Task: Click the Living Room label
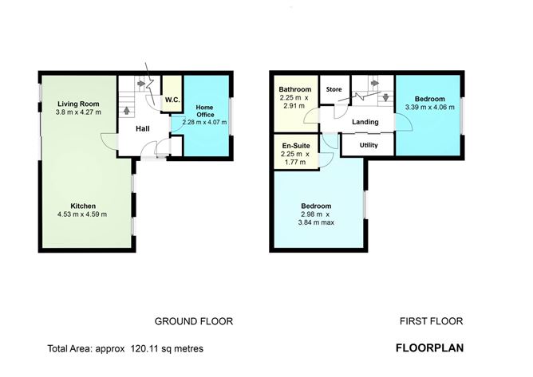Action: tap(78, 104)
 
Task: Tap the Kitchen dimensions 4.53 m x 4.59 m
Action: tap(82, 214)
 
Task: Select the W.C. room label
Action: tap(172, 100)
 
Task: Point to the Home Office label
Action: tap(205, 111)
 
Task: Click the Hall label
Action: tap(143, 129)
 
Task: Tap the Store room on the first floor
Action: tap(334, 89)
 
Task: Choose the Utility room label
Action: tap(369, 145)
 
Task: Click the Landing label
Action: tap(365, 122)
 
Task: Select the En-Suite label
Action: tap(296, 146)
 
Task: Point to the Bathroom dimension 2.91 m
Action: tap(294, 106)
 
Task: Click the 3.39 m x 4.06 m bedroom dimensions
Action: tap(429, 108)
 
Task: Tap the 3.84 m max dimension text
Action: tap(316, 223)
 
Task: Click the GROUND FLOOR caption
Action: tap(194, 321)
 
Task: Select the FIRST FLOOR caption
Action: tap(432, 321)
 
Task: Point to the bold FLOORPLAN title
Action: tap(429, 348)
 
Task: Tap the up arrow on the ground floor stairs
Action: tap(126, 110)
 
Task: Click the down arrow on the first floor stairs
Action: tap(385, 97)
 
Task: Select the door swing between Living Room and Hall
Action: tap(108, 141)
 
